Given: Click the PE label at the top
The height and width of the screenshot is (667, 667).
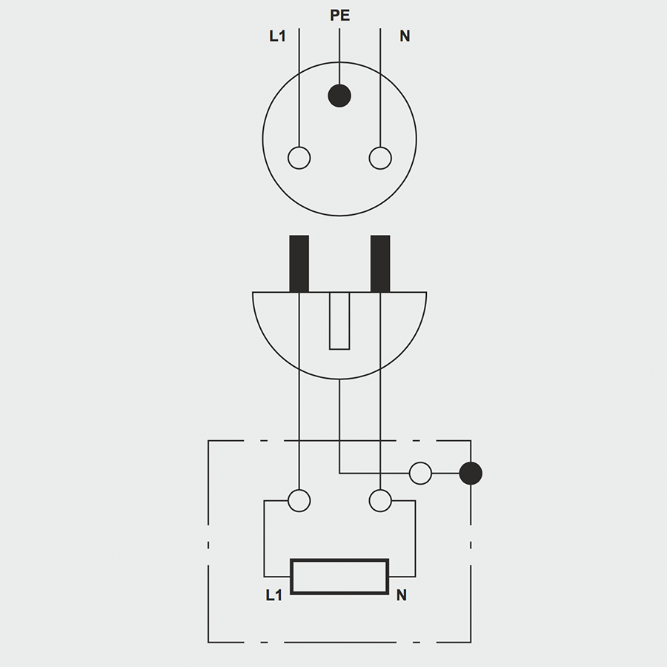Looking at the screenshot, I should coord(339,15).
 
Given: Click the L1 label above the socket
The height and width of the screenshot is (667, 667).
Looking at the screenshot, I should coord(277,36).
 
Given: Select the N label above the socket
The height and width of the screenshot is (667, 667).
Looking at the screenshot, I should coord(405,36).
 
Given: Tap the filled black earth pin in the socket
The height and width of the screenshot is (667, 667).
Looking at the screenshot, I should coord(339,95).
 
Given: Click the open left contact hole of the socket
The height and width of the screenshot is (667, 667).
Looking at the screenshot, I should coord(299,158).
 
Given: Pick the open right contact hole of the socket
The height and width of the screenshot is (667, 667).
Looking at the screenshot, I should coord(380,158).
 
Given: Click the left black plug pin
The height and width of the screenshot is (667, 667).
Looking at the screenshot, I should coord(299,263).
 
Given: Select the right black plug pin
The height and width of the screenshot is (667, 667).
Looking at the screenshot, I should coord(380,263).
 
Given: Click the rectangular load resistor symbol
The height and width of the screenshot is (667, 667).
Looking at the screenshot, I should coord(339,576).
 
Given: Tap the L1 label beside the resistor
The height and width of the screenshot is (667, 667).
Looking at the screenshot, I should coord(274,595).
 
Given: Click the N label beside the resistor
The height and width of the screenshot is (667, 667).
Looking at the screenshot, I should coord(401,595).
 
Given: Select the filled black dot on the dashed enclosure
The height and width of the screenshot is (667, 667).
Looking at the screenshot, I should coord(471,473).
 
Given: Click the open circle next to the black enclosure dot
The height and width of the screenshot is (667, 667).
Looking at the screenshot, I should coord(420,473).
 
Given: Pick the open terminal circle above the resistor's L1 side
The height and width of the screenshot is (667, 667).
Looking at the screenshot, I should coord(299,501).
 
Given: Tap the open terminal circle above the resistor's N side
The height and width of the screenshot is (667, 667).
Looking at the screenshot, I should coord(380,501).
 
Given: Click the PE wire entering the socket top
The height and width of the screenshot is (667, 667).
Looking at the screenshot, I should coord(339,56).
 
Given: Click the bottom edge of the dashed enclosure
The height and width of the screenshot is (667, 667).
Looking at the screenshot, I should coord(339,642).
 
